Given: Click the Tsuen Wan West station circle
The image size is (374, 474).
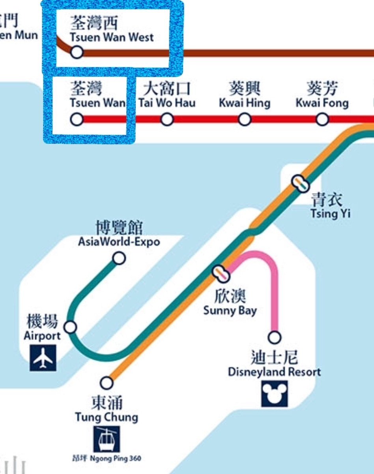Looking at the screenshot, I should [x=77, y=52].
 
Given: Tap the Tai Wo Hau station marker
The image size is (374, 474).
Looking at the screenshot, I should [x=167, y=119].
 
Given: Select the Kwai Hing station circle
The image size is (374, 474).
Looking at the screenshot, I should [x=245, y=119].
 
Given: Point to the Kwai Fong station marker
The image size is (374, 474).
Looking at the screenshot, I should [x=322, y=119].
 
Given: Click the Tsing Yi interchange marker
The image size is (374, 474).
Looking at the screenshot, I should [x=301, y=183].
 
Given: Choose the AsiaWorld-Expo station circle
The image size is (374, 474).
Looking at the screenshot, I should [x=119, y=258].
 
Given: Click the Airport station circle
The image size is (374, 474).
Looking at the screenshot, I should [x=71, y=327].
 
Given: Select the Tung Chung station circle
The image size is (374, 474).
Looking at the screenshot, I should [x=107, y=382].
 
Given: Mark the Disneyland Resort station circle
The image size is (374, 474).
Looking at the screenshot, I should [x=275, y=337].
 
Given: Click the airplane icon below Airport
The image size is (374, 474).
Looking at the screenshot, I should [x=43, y=358].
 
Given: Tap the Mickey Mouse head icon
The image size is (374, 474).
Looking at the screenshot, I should [x=275, y=394].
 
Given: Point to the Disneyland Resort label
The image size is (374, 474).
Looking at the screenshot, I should [x=275, y=372].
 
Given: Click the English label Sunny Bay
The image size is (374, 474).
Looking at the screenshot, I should [x=230, y=310].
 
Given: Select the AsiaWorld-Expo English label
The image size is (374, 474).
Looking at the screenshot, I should [x=119, y=242].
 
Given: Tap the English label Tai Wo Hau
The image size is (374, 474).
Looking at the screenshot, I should [x=167, y=103].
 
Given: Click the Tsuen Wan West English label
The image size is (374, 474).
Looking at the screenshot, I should [x=112, y=38].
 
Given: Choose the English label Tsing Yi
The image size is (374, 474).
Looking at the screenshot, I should [x=330, y=214].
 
